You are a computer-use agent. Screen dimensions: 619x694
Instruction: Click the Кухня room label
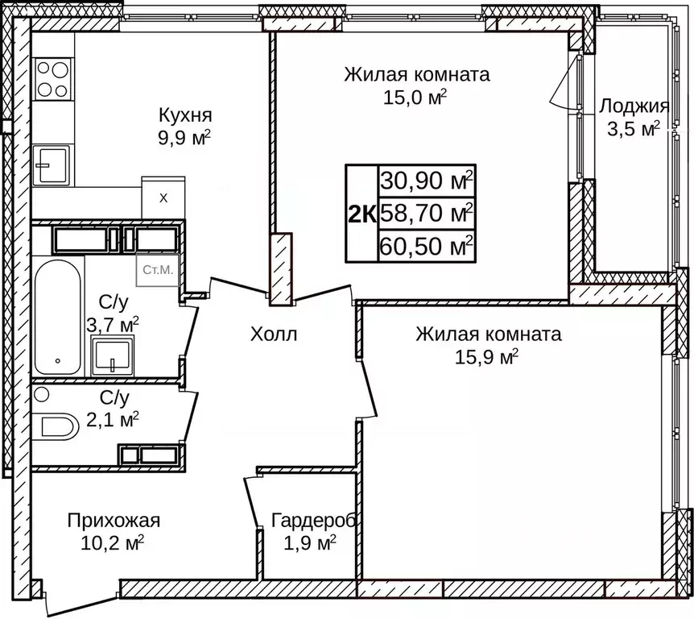(x=184, y=114)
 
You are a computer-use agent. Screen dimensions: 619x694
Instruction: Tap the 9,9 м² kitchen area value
(x=184, y=136)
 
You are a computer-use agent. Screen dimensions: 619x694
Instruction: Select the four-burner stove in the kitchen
(x=53, y=78)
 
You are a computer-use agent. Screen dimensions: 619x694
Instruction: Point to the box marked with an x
(x=163, y=197)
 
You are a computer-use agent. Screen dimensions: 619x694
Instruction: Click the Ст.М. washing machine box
(x=158, y=270)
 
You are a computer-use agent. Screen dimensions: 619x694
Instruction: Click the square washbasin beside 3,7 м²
(x=113, y=355)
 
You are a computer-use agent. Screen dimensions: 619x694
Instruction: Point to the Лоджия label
(x=634, y=106)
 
